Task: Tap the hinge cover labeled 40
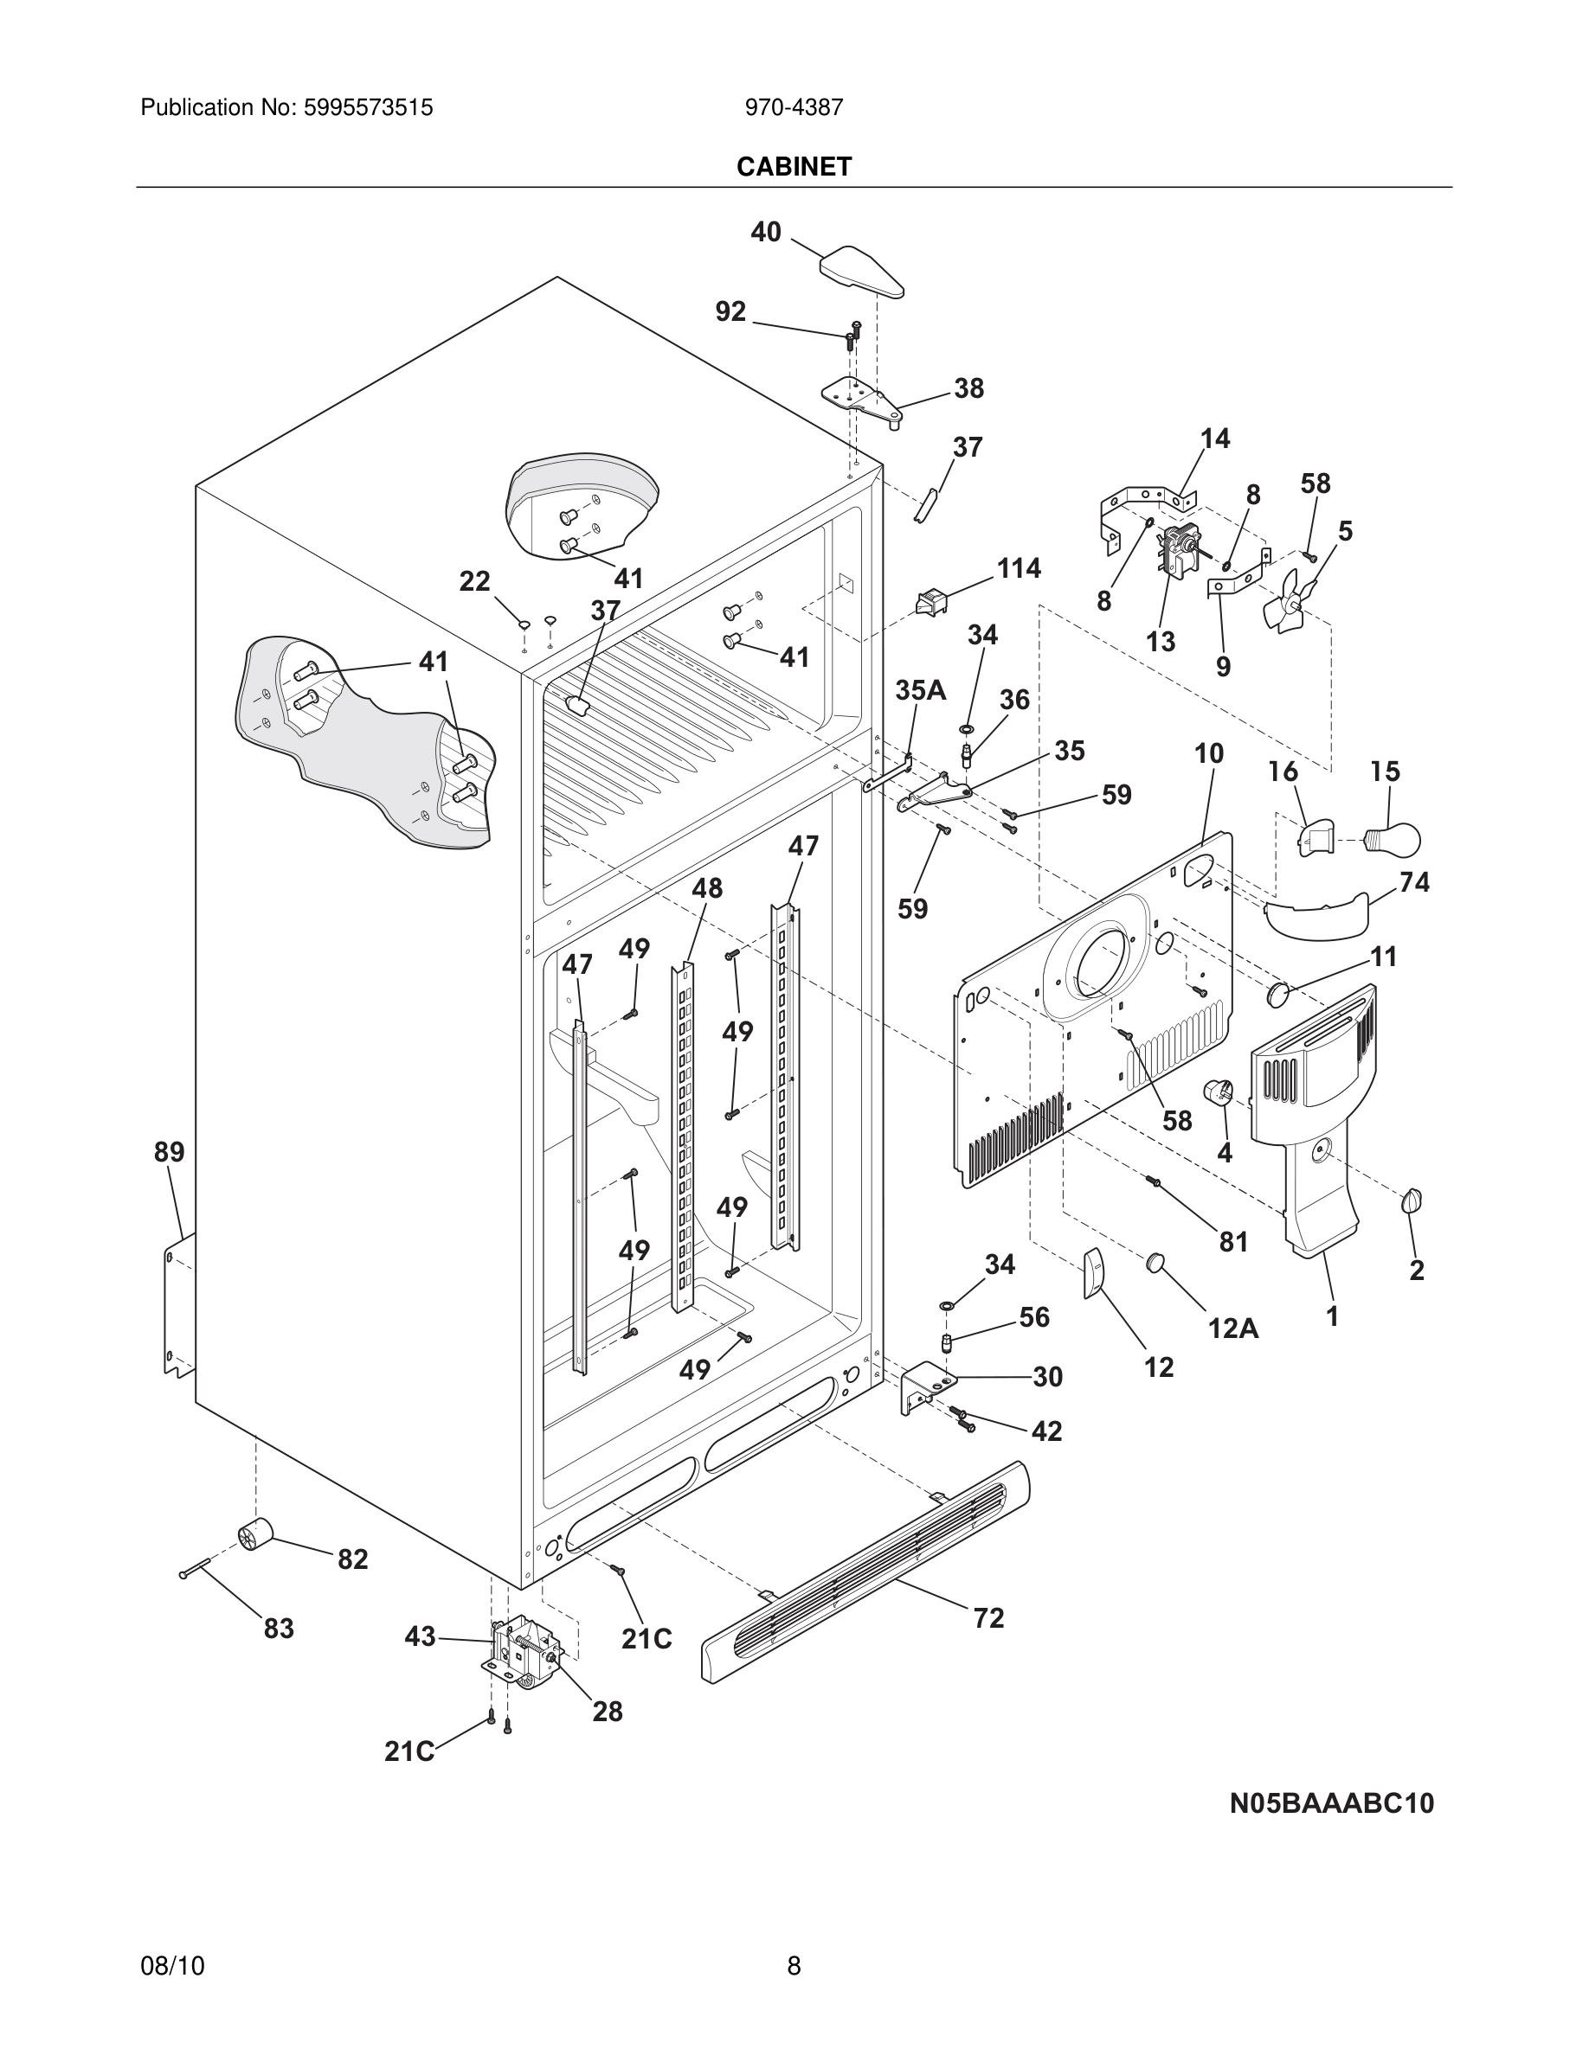860,272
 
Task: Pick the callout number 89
170,1152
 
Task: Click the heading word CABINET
794,167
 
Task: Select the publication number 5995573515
367,108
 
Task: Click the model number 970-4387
794,108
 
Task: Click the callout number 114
1019,568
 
